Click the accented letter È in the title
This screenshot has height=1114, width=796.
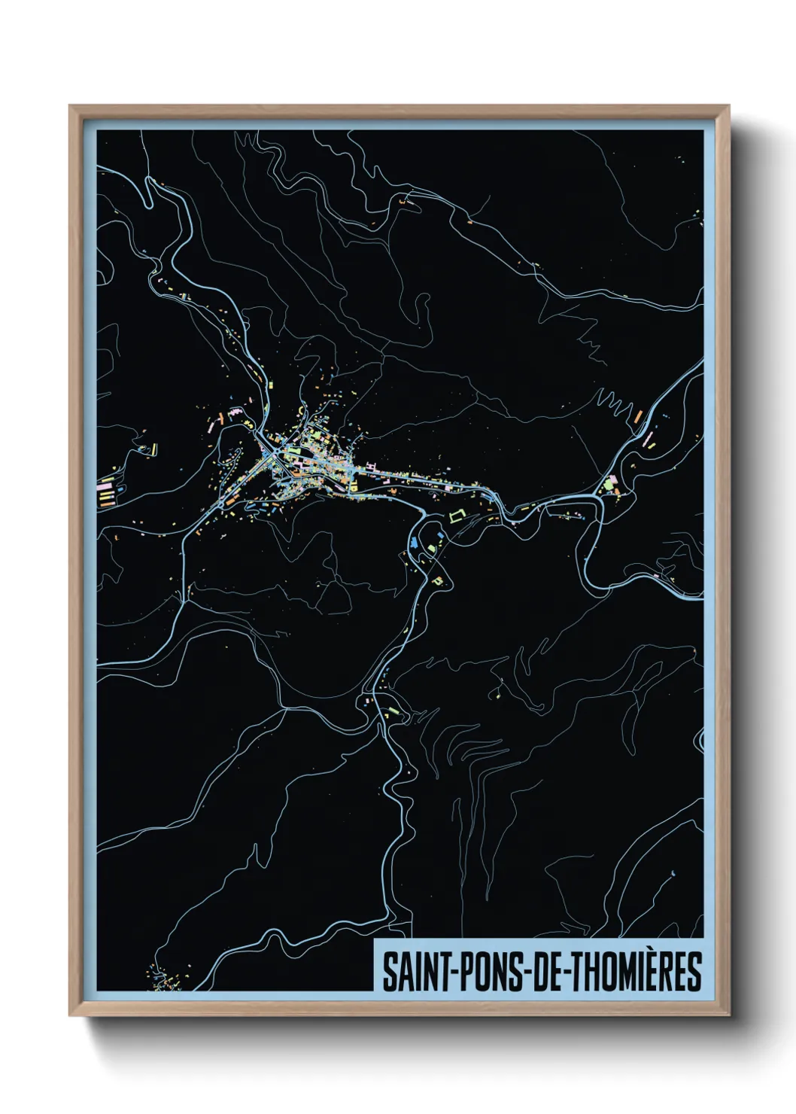tap(658, 970)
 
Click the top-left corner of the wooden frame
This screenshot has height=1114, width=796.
tap(71, 107)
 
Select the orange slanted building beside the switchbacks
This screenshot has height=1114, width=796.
tap(637, 415)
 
